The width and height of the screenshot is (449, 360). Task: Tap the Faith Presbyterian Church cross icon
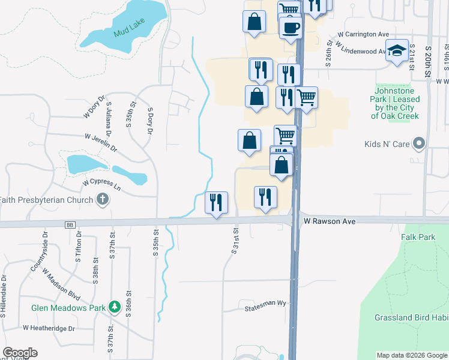click(103, 200)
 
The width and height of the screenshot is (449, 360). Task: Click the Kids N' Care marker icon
click(420, 144)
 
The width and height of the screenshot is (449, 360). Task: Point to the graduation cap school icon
click(397, 50)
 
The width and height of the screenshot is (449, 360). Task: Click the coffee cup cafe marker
click(291, 28)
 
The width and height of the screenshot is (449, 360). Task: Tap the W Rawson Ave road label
click(330, 221)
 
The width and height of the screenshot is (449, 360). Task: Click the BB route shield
click(70, 224)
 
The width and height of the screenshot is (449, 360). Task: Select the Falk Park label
click(418, 238)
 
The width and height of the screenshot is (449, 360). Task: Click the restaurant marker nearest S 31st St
click(216, 202)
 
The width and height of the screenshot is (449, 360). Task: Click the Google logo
click(20, 353)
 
